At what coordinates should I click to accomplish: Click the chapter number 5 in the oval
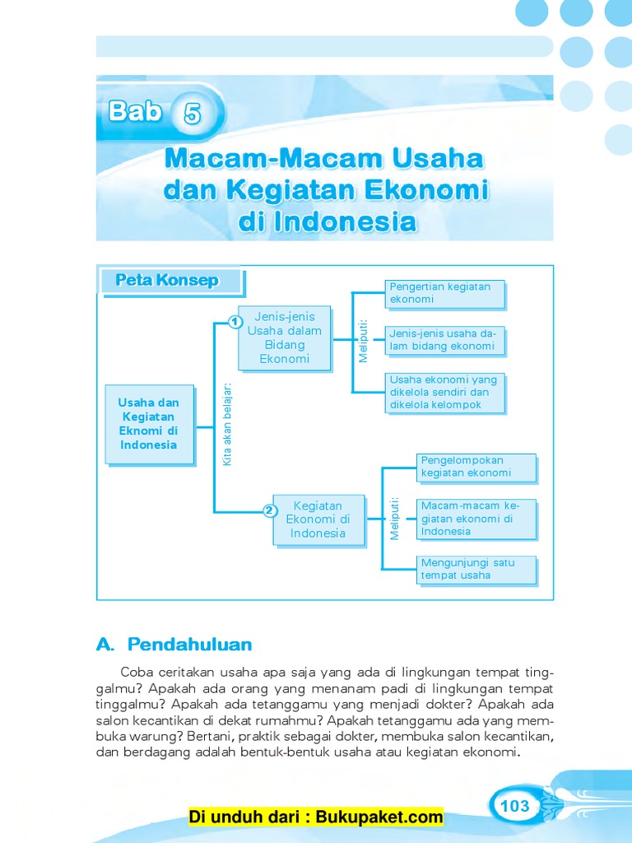[x=193, y=114]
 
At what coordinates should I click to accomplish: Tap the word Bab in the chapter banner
[x=135, y=111]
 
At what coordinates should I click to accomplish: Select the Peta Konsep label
[x=167, y=281]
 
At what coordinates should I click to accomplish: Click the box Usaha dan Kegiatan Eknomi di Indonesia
[x=149, y=423]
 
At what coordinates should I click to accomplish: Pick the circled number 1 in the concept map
[x=235, y=320]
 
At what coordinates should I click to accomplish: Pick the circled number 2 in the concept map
[x=269, y=510]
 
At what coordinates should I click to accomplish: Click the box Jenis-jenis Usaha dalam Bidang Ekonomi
[x=285, y=338]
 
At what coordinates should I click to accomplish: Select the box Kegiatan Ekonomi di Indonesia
[x=318, y=519]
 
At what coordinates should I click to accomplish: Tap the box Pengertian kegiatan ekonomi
[x=444, y=293]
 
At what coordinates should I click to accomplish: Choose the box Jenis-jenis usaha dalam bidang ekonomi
[x=444, y=340]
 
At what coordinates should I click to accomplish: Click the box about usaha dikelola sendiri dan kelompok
[x=444, y=393]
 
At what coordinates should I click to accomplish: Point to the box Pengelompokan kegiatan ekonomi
[x=476, y=467]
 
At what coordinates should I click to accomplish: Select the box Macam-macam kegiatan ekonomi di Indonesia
[x=476, y=519]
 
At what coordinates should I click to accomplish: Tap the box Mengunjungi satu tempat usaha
[x=476, y=569]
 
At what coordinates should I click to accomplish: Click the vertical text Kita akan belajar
[x=227, y=423]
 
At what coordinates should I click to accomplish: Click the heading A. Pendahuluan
[x=174, y=644]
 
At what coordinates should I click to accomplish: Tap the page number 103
[x=515, y=805]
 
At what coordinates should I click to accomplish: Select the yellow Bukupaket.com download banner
[x=316, y=817]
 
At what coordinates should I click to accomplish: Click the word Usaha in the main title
[x=428, y=157]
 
